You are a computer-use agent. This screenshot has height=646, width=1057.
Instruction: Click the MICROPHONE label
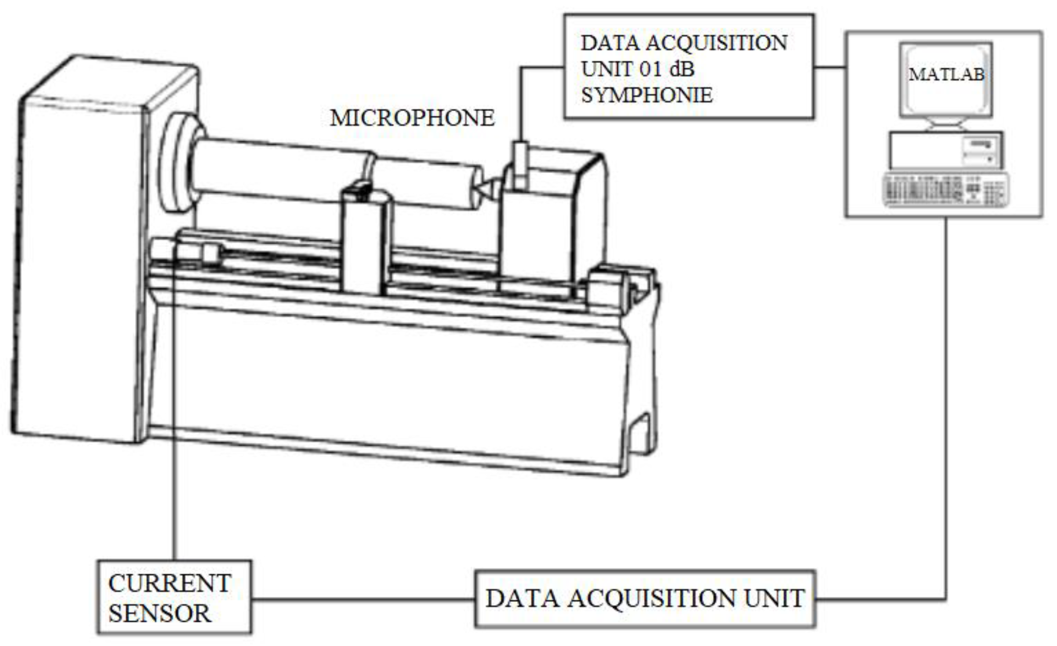point(412,118)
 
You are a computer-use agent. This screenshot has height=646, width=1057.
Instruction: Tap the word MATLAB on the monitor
point(946,75)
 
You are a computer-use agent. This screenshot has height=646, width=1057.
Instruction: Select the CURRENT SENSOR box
point(174,597)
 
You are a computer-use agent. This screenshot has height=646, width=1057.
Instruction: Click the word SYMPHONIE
point(647,95)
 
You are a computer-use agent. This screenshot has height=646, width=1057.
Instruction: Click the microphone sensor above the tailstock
point(521,164)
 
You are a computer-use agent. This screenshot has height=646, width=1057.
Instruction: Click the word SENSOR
point(160,613)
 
